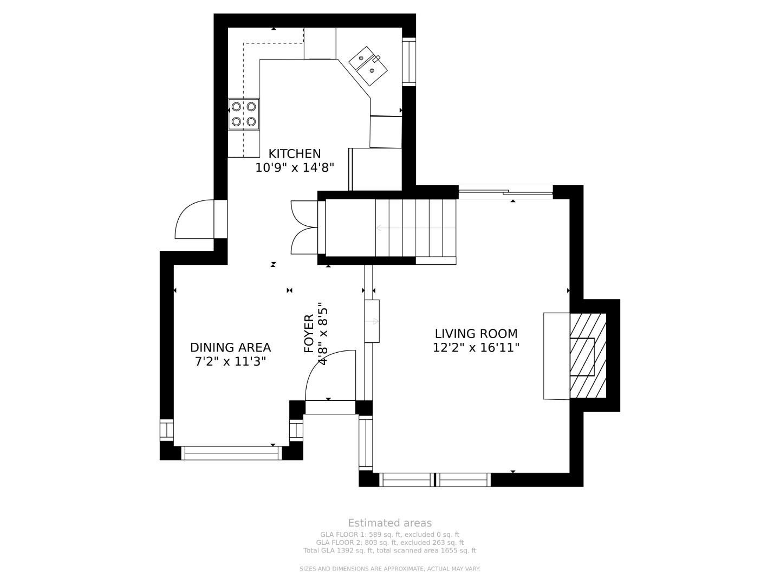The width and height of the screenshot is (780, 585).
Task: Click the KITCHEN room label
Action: (x=294, y=154)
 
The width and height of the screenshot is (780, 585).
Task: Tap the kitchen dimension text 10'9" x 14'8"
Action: (x=295, y=168)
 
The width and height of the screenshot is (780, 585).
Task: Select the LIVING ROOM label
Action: (x=476, y=334)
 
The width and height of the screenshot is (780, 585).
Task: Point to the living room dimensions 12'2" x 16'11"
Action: (x=476, y=347)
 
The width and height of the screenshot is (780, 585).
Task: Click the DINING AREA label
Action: (x=230, y=347)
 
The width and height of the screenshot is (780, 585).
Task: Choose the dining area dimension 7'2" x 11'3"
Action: (x=230, y=362)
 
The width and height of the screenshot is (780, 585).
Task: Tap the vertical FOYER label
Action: (x=309, y=333)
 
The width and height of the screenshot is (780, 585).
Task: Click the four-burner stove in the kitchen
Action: (x=243, y=114)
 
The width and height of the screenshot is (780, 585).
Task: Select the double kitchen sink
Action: (x=368, y=66)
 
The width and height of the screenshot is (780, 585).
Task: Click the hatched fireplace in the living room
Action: (x=588, y=355)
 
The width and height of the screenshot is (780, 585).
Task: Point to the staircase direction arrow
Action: (x=415, y=228)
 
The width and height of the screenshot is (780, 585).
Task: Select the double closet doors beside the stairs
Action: (x=304, y=227)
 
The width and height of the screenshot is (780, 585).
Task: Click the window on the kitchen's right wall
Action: (x=408, y=62)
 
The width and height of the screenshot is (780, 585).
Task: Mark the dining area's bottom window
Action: (x=231, y=453)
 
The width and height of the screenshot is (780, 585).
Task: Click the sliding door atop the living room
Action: (x=506, y=192)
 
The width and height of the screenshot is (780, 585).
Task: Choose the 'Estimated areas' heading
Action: (x=390, y=523)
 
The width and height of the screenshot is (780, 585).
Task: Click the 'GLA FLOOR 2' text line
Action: (x=390, y=542)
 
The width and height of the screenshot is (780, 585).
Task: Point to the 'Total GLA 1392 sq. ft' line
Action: (x=390, y=550)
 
